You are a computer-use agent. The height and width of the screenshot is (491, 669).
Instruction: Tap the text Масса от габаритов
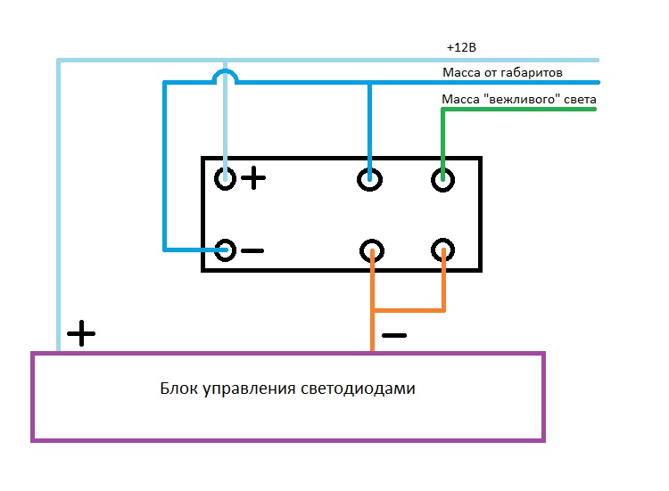[502, 71]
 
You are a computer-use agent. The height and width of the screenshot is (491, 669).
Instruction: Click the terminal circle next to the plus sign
[226, 178]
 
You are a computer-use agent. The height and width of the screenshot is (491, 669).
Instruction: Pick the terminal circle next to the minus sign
[226, 250]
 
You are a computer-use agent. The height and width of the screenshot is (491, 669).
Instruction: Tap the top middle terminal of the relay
[369, 178]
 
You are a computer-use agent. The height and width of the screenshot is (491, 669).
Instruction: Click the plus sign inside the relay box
[254, 178]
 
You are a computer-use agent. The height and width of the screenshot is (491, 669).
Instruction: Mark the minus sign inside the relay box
[252, 250]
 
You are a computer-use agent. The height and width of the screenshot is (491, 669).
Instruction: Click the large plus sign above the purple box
[81, 334]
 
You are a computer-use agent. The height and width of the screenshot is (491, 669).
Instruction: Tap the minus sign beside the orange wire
[393, 336]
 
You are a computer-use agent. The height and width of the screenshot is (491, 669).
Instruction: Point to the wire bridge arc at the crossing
[227, 75]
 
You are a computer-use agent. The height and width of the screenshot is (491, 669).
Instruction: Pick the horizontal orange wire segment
[408, 311]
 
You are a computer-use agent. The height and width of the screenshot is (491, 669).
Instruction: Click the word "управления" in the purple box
[256, 389]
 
